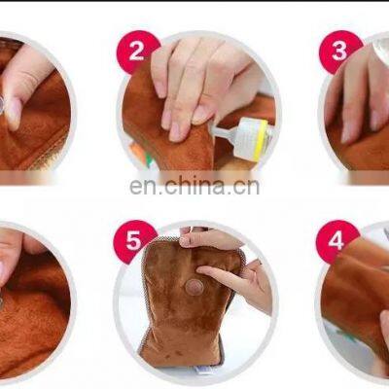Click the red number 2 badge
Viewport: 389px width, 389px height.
[x=138, y=52]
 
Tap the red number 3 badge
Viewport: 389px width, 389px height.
[x=340, y=52]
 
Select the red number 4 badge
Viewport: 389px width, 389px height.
[x=337, y=241]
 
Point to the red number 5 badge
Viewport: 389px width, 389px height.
[x=134, y=241]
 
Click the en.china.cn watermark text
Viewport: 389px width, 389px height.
[x=194, y=186]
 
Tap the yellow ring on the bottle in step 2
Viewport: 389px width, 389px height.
[x=262, y=140]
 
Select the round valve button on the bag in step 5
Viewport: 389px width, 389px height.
[x=194, y=286]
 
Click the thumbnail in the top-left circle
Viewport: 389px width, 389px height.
[x=14, y=112]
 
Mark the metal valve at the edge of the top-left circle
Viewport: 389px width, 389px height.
[x=2, y=103]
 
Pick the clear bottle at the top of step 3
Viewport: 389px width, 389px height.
[x=380, y=46]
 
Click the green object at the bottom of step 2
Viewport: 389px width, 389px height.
[x=148, y=161]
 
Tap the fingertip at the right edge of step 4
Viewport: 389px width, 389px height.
[x=385, y=321]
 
